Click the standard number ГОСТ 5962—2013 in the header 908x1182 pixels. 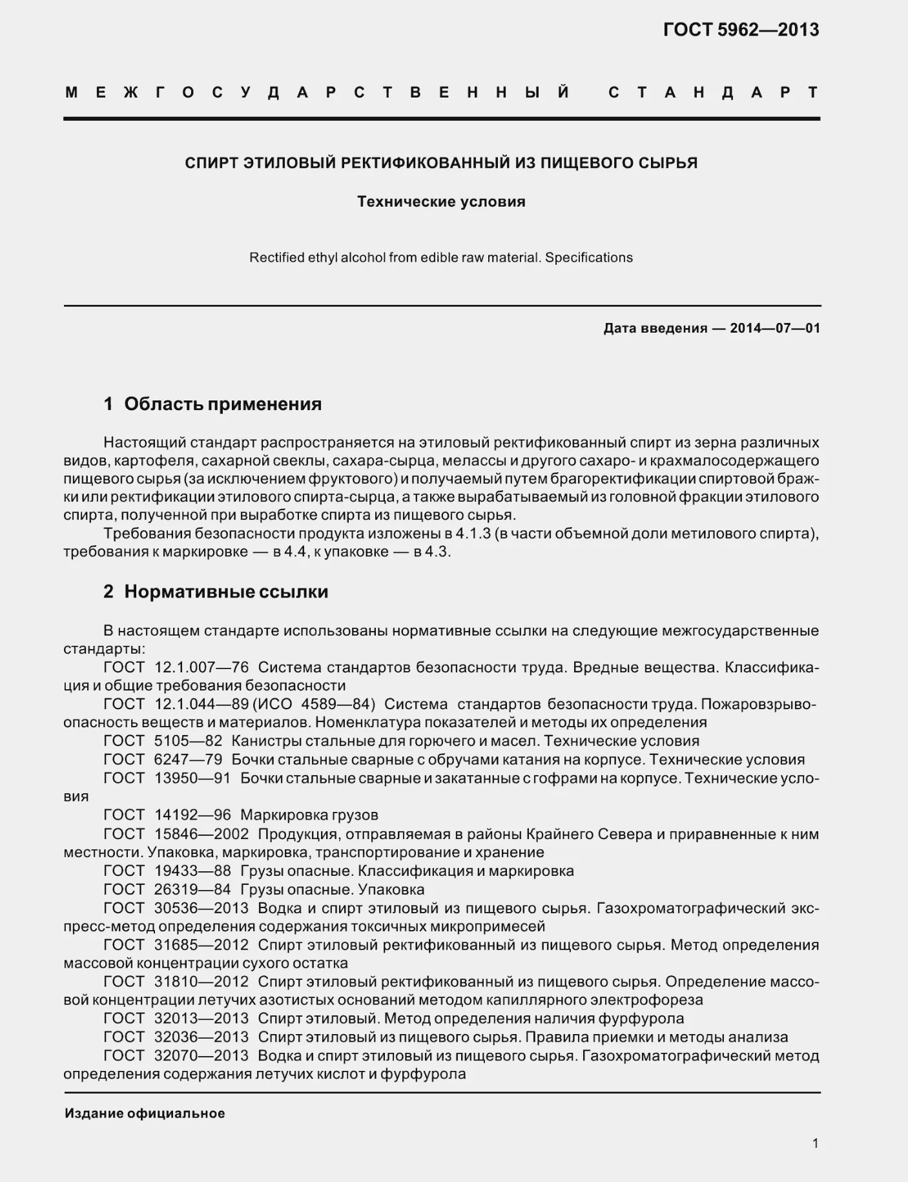pos(741,30)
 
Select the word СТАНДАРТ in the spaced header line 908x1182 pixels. pos(714,92)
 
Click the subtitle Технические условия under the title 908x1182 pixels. pos(441,202)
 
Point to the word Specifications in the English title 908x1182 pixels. pos(588,258)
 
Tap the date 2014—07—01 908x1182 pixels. pos(775,328)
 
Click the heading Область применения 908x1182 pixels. pos(223,404)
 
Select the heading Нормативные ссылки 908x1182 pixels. pos(226,592)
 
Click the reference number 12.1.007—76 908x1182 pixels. pos(201,667)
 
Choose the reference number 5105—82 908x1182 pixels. pos(188,741)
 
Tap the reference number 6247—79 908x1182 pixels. pos(188,760)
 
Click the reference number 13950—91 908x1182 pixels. pos(192,778)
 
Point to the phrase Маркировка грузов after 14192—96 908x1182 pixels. pos(309,815)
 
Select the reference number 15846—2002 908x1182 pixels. pos(201,834)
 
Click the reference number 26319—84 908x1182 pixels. pos(192,889)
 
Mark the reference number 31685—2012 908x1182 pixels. pos(201,945)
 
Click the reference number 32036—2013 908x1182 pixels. pos(201,1037)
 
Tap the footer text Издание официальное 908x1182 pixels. pos(145,1114)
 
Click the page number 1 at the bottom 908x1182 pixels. pos(815,1143)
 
